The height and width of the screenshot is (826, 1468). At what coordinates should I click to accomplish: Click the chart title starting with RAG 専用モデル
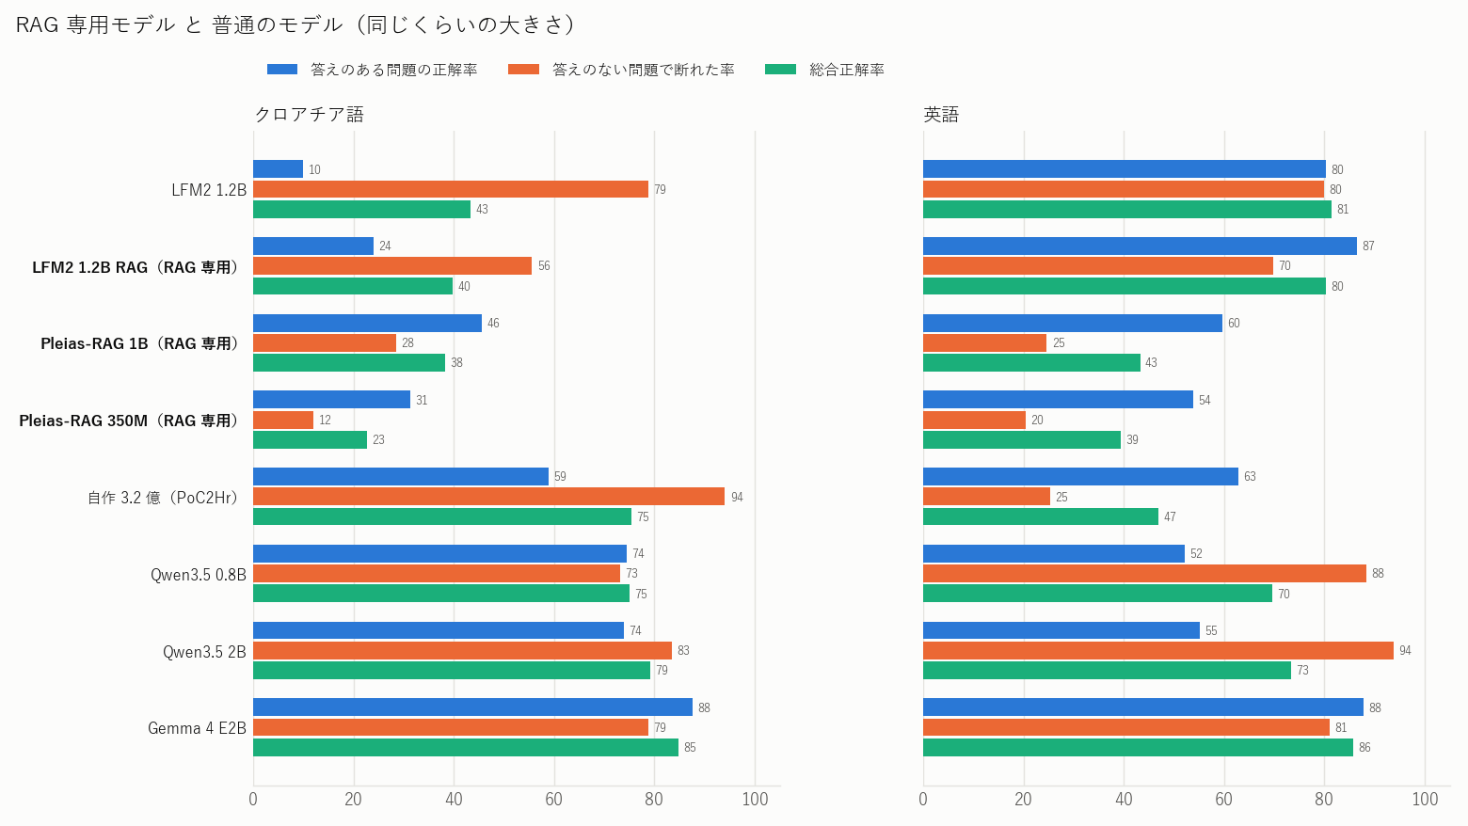click(295, 24)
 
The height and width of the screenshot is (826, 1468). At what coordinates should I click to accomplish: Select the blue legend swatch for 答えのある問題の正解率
click(282, 70)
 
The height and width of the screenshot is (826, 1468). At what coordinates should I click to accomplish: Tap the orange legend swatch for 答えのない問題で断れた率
click(523, 70)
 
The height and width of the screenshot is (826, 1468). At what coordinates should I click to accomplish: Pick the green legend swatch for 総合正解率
click(780, 70)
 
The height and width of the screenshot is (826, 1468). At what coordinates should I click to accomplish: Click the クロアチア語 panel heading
click(310, 115)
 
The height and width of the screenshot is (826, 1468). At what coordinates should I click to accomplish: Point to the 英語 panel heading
click(941, 115)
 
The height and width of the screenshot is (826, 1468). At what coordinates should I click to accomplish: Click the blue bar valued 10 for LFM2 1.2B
click(278, 169)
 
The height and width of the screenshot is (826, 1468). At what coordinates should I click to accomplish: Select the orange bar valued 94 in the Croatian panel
click(489, 497)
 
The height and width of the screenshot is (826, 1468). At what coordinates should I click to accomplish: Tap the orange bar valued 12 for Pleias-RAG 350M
click(283, 420)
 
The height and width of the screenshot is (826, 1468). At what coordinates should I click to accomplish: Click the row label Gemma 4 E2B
click(197, 728)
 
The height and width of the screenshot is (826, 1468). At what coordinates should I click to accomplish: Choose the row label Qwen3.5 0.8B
click(199, 575)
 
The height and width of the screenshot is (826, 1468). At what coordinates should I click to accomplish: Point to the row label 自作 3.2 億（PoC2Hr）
click(164, 498)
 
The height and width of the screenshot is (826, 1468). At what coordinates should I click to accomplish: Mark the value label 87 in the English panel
click(1368, 246)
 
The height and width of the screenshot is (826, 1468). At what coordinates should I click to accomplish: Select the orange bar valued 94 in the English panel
click(1158, 650)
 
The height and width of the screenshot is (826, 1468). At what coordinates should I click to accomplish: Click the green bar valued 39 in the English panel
click(1022, 439)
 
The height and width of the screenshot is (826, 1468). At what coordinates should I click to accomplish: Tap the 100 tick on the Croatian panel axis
click(755, 799)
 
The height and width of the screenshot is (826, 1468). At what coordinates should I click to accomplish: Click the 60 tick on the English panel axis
click(1223, 799)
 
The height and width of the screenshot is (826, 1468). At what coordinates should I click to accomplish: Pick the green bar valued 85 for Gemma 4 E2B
click(466, 747)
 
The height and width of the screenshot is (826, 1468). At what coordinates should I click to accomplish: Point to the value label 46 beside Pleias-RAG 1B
click(493, 323)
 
